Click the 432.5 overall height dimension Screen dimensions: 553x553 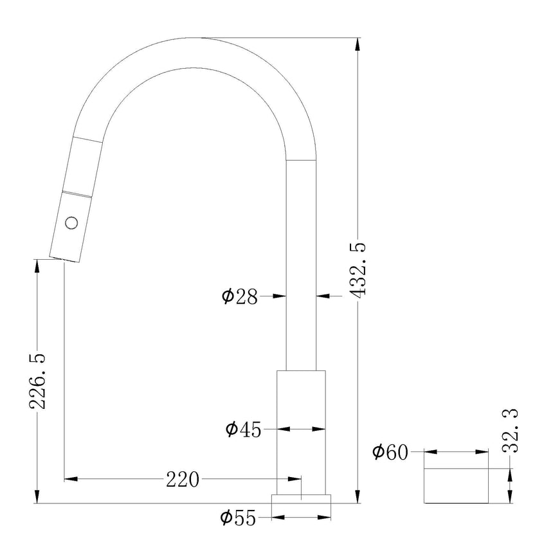click(x=359, y=270)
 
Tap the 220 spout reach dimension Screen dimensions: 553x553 click(x=183, y=479)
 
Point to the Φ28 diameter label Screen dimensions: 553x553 click(x=239, y=296)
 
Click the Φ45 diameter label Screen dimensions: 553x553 click(x=243, y=429)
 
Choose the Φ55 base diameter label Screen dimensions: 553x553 click(x=238, y=518)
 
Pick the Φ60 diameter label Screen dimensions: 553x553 click(x=390, y=452)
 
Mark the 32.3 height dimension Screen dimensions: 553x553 click(x=511, y=430)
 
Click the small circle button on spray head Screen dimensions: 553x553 click(x=71, y=223)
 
